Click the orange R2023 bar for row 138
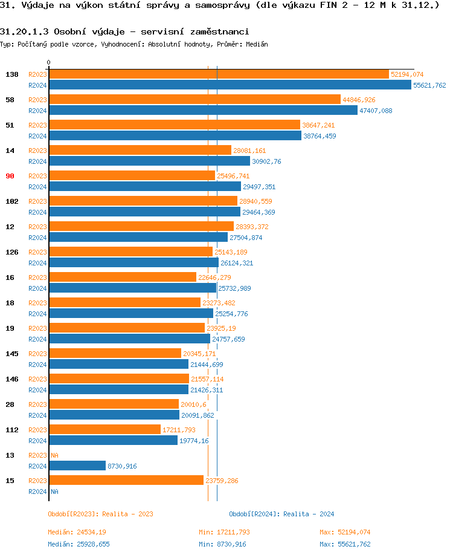click(x=219, y=74)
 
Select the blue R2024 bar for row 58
click(x=203, y=111)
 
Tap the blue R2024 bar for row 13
click(x=77, y=466)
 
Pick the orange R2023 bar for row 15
click(x=126, y=481)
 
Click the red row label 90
click(x=11, y=176)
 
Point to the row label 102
click(x=11, y=201)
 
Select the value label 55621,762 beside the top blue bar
click(x=429, y=86)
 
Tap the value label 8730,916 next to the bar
click(x=122, y=466)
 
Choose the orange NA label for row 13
click(x=54, y=455)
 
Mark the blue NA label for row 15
click(x=54, y=492)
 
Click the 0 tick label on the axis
click(x=49, y=62)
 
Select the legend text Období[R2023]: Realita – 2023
click(x=100, y=514)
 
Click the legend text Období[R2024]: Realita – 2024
click(x=281, y=514)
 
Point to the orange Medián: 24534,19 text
click(x=77, y=532)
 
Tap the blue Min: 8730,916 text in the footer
click(x=222, y=544)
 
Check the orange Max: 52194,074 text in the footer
click(x=345, y=532)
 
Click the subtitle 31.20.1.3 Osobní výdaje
click(x=124, y=31)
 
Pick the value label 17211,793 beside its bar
click(x=179, y=430)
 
